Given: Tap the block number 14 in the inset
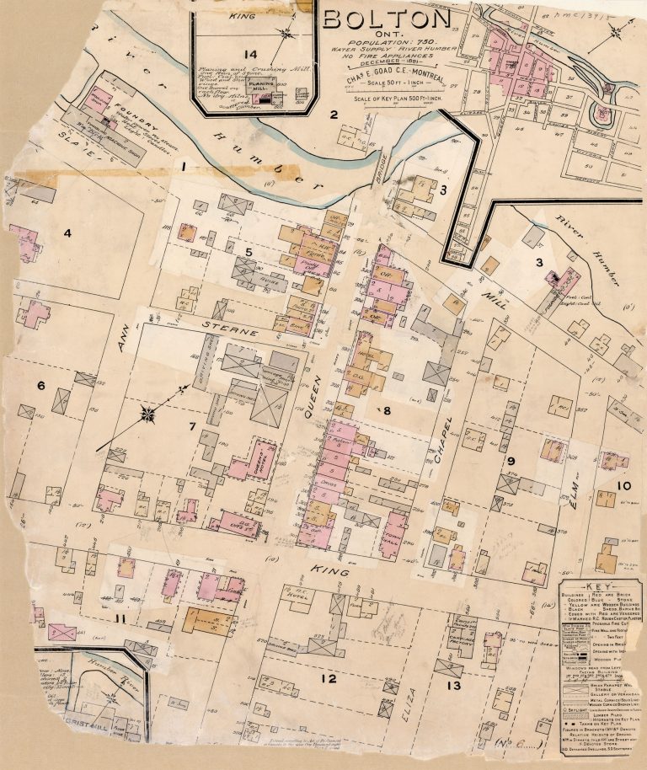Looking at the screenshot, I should coord(248,55).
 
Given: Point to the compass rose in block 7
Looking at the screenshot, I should coord(149,413).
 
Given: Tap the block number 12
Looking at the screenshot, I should coord(328,678).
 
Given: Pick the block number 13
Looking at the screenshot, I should coord(454,685).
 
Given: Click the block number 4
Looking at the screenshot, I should coord(67,233).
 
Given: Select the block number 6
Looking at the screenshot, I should coord(40,385).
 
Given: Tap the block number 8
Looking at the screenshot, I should coord(387,411).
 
